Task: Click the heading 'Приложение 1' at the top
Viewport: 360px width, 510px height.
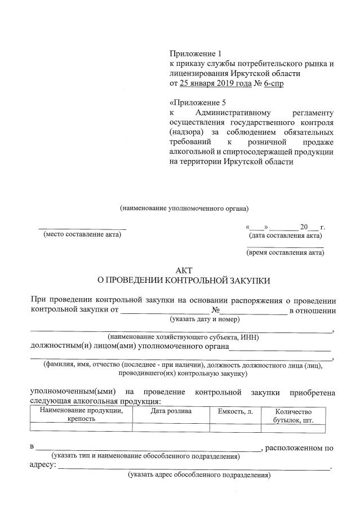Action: pyautogui.click(x=192, y=54)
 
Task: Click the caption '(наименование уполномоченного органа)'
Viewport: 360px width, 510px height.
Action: pyautogui.click(x=184, y=208)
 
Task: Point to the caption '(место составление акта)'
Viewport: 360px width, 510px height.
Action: pyautogui.click(x=82, y=234)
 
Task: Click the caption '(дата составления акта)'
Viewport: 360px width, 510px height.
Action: pyautogui.click(x=286, y=235)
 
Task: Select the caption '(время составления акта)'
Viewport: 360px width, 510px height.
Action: pyautogui.click(x=285, y=252)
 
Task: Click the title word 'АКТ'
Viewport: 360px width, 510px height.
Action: pyautogui.click(x=184, y=269)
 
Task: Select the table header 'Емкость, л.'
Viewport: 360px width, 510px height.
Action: pyautogui.click(x=235, y=411)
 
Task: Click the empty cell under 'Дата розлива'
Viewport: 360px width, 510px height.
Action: pyautogui.click(x=171, y=428)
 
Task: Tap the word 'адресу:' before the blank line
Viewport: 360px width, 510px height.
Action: pyautogui.click(x=43, y=465)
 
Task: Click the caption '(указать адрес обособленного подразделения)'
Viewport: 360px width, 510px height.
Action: pyautogui.click(x=199, y=475)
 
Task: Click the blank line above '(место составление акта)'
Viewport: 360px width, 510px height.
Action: pyautogui.click(x=82, y=228)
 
